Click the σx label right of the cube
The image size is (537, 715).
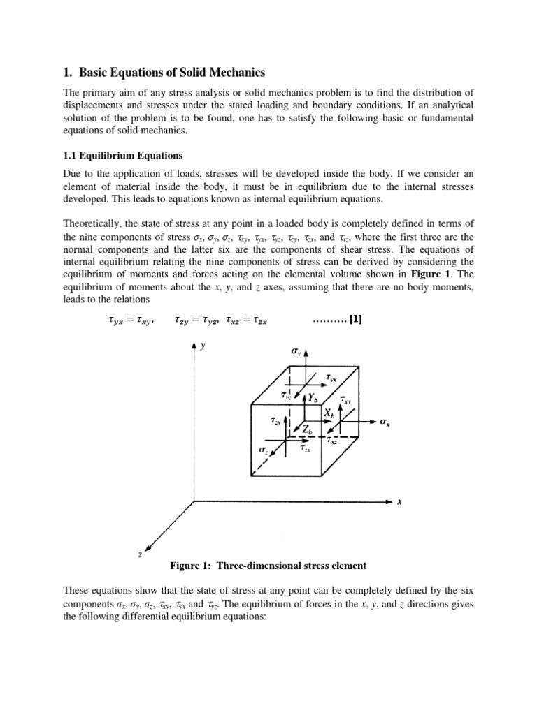point(384,422)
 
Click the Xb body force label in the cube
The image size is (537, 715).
point(329,413)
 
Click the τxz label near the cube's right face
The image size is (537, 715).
point(334,441)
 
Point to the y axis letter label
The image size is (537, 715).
point(203,346)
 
